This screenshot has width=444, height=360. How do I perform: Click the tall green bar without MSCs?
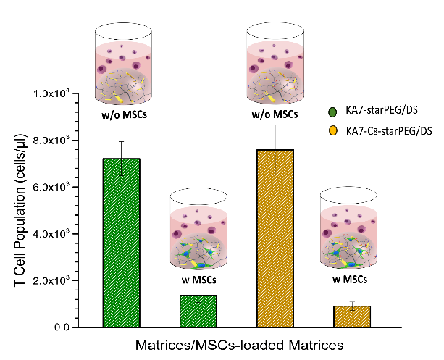click(x=121, y=242)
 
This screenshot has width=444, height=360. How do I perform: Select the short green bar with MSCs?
click(x=198, y=311)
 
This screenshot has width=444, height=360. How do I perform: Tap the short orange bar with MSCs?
click(x=351, y=316)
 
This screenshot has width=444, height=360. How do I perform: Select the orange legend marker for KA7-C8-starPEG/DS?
click(x=333, y=130)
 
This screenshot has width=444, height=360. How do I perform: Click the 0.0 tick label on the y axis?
click(x=64, y=327)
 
